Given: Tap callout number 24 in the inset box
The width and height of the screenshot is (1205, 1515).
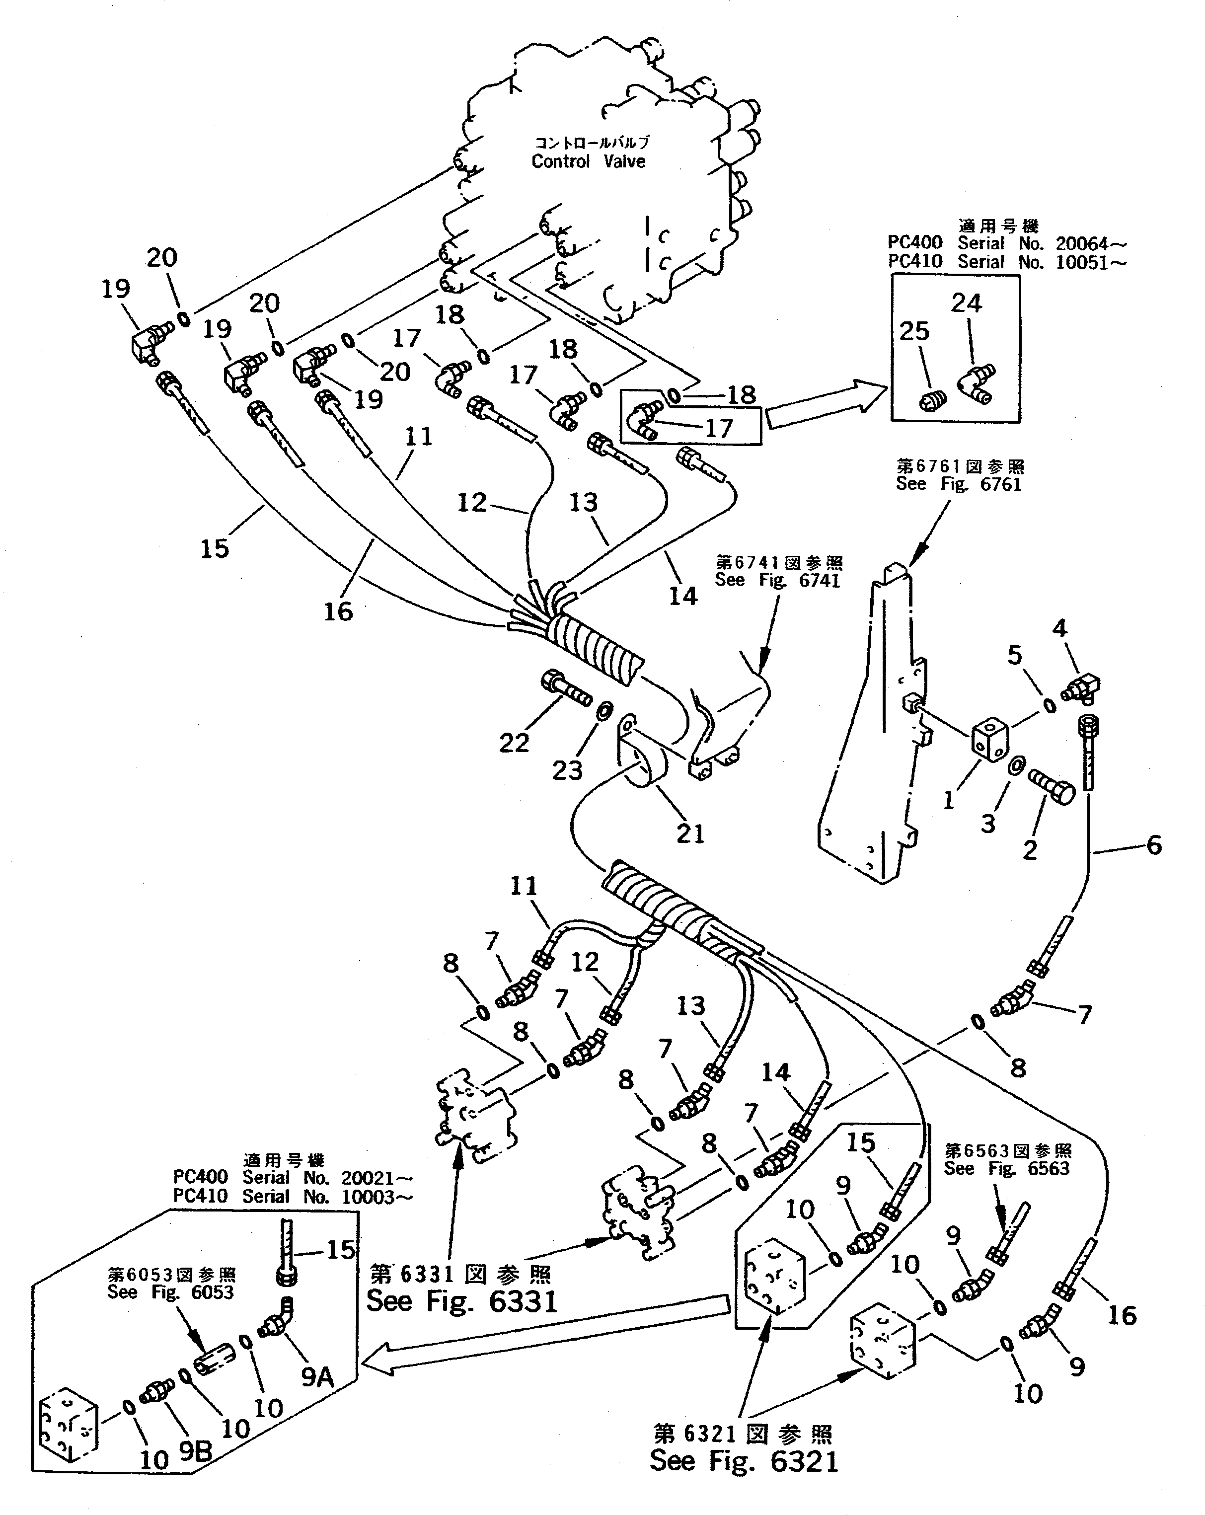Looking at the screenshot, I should pyautogui.click(x=966, y=303).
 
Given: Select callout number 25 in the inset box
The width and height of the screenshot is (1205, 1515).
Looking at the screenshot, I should pyautogui.click(x=914, y=331).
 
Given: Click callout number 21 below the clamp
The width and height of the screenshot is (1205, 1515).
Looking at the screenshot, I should pyautogui.click(x=690, y=833).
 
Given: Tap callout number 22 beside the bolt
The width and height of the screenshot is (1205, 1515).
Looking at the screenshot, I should pyautogui.click(x=514, y=742).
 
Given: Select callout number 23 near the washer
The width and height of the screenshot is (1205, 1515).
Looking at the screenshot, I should pyautogui.click(x=567, y=770).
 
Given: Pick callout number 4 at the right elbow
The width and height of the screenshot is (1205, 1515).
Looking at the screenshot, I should pyautogui.click(x=1059, y=627).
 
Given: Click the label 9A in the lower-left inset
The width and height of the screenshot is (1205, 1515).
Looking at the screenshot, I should pyautogui.click(x=317, y=1377).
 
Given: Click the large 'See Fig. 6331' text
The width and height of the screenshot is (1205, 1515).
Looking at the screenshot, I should pyautogui.click(x=461, y=1301).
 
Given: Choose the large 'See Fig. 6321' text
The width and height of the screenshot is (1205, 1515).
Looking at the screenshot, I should pyautogui.click(x=744, y=1460).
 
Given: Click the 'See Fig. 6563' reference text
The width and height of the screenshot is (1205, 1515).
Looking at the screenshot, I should pyautogui.click(x=1006, y=1169).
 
